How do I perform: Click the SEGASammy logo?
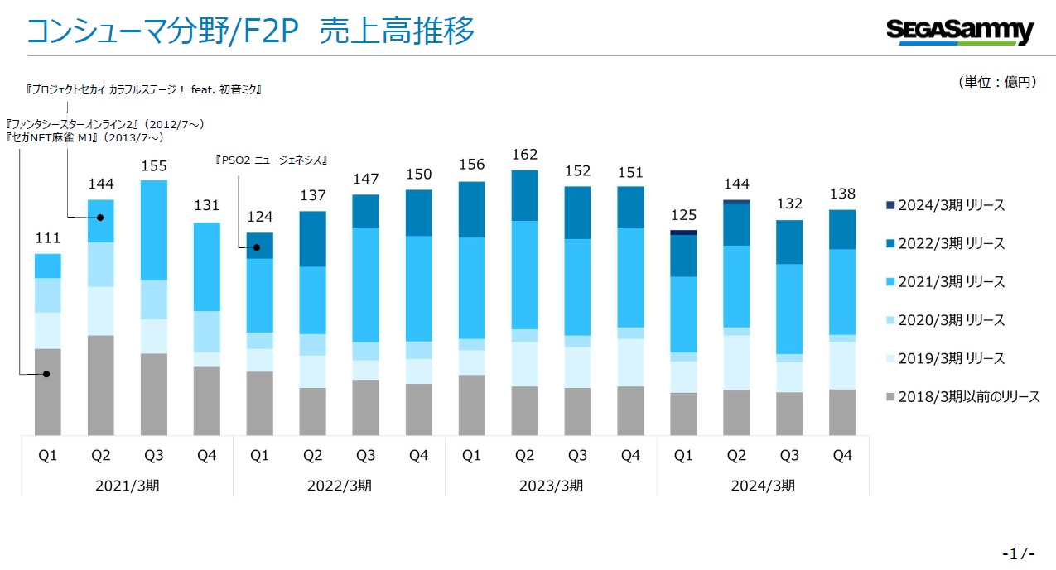960,31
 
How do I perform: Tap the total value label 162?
524,155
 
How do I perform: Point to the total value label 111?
48,238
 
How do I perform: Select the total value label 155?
154,165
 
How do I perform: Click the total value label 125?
683,216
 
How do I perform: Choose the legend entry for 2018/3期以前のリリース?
962,397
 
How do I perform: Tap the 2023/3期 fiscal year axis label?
551,486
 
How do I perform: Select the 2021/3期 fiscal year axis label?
128,486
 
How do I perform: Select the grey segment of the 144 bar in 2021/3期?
101,385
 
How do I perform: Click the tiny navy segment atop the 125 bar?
683,232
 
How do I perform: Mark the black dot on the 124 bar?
258,247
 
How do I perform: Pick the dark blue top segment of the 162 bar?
524,195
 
